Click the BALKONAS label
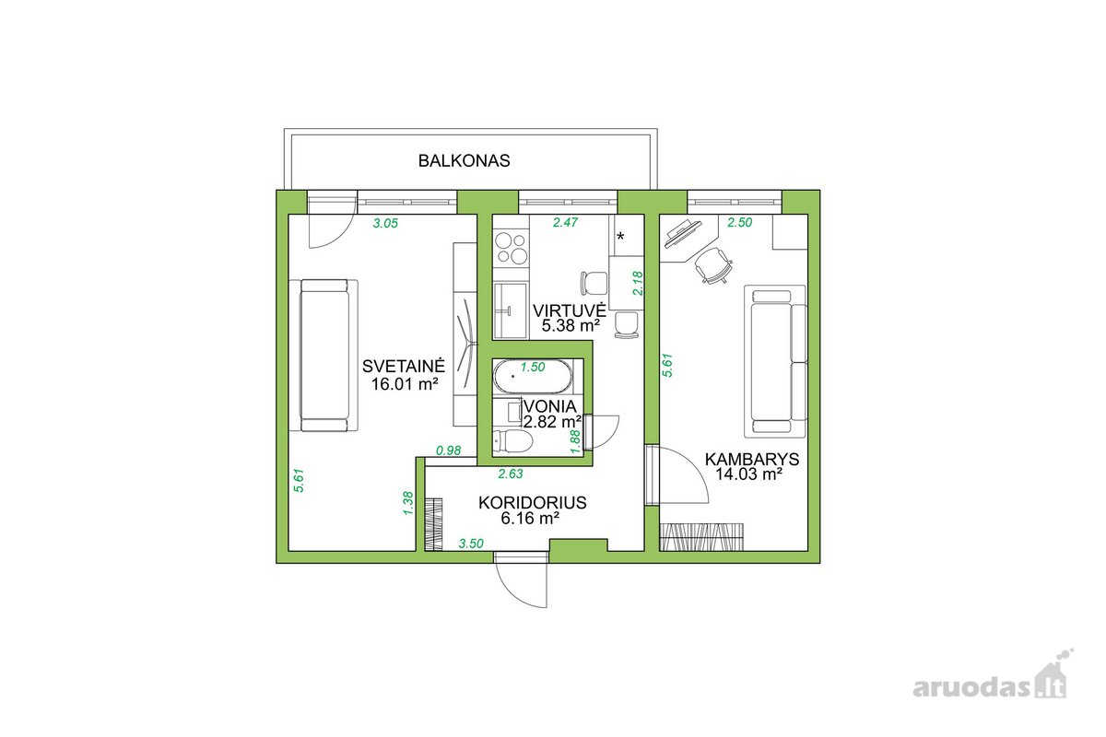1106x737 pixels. tap(464, 161)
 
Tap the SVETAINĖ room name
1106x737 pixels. tap(404, 366)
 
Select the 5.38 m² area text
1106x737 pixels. tap(571, 326)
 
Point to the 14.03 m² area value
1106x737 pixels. tap(749, 474)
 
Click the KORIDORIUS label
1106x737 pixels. tap(533, 502)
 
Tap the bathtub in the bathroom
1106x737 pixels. tap(534, 376)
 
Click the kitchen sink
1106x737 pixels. tap(511, 310)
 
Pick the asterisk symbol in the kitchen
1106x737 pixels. tap(620, 237)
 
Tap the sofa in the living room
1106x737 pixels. tap(324, 356)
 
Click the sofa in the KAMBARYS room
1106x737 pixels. tap(776, 362)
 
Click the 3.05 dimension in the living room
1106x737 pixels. tap(385, 224)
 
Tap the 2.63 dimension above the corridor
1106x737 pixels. tap(510, 474)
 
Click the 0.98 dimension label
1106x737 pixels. tap(448, 450)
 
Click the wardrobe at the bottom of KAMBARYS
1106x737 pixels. tap(701, 536)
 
